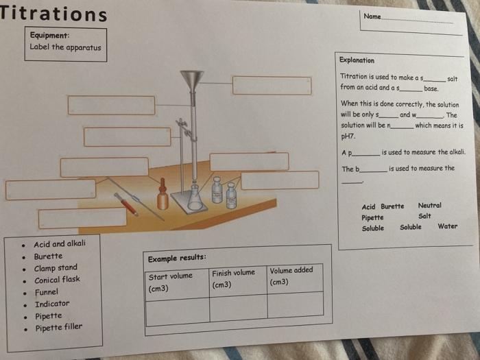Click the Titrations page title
[x=53, y=14]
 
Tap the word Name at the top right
[x=372, y=16]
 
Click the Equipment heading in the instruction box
[x=49, y=36]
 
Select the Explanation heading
[x=357, y=60]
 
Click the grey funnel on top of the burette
[x=192, y=79]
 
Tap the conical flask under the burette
[x=195, y=198]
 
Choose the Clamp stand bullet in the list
[x=56, y=268]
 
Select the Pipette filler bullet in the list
[x=58, y=327]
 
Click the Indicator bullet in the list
[x=52, y=304]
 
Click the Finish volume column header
[x=233, y=278]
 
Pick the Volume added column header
[x=291, y=276]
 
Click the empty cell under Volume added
[x=295, y=304]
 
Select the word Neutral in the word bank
[x=429, y=205]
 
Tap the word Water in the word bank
[x=447, y=226]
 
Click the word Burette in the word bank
[x=392, y=206]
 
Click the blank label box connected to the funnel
[x=272, y=86]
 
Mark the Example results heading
[x=177, y=258]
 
